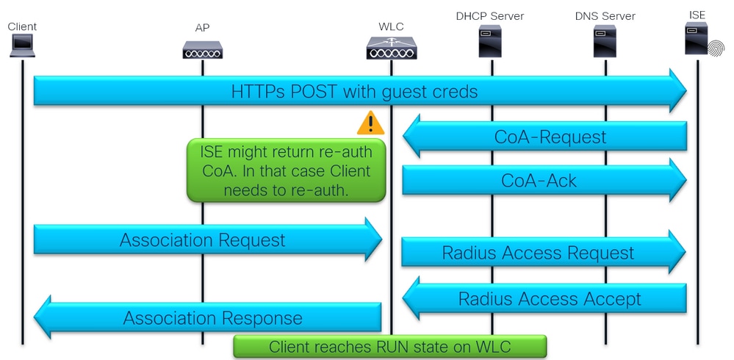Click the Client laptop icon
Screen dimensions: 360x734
tap(22, 46)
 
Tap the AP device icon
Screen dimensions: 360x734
tap(202, 49)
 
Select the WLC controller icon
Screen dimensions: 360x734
tap(391, 48)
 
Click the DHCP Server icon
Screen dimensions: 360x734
tap(490, 42)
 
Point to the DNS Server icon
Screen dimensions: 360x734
tap(605, 42)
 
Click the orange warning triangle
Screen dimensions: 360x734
tap(370, 123)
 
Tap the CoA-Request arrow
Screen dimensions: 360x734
tap(544, 136)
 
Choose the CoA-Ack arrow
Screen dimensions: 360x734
tap(544, 180)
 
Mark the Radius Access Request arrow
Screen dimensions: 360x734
tap(544, 253)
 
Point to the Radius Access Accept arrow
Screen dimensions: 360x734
tap(544, 298)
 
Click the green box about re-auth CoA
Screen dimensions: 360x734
tap(286, 170)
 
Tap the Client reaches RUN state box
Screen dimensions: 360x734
tap(390, 347)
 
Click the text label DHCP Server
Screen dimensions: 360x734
tap(490, 15)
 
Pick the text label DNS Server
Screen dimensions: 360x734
tap(605, 15)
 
